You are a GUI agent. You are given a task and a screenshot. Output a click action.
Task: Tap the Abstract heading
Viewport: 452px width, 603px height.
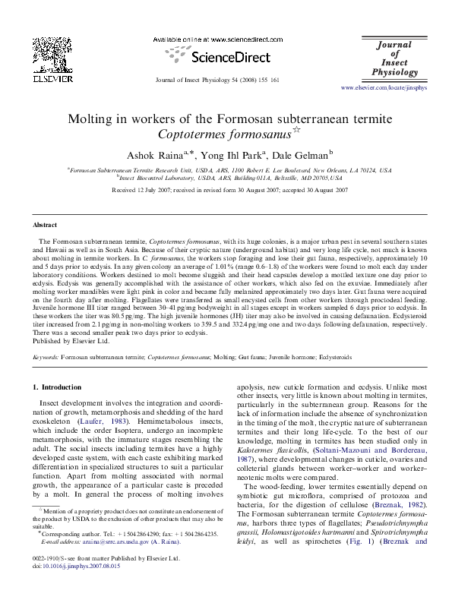point(46,226)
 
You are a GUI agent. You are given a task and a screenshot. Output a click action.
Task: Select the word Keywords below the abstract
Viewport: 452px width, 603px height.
point(46,355)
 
